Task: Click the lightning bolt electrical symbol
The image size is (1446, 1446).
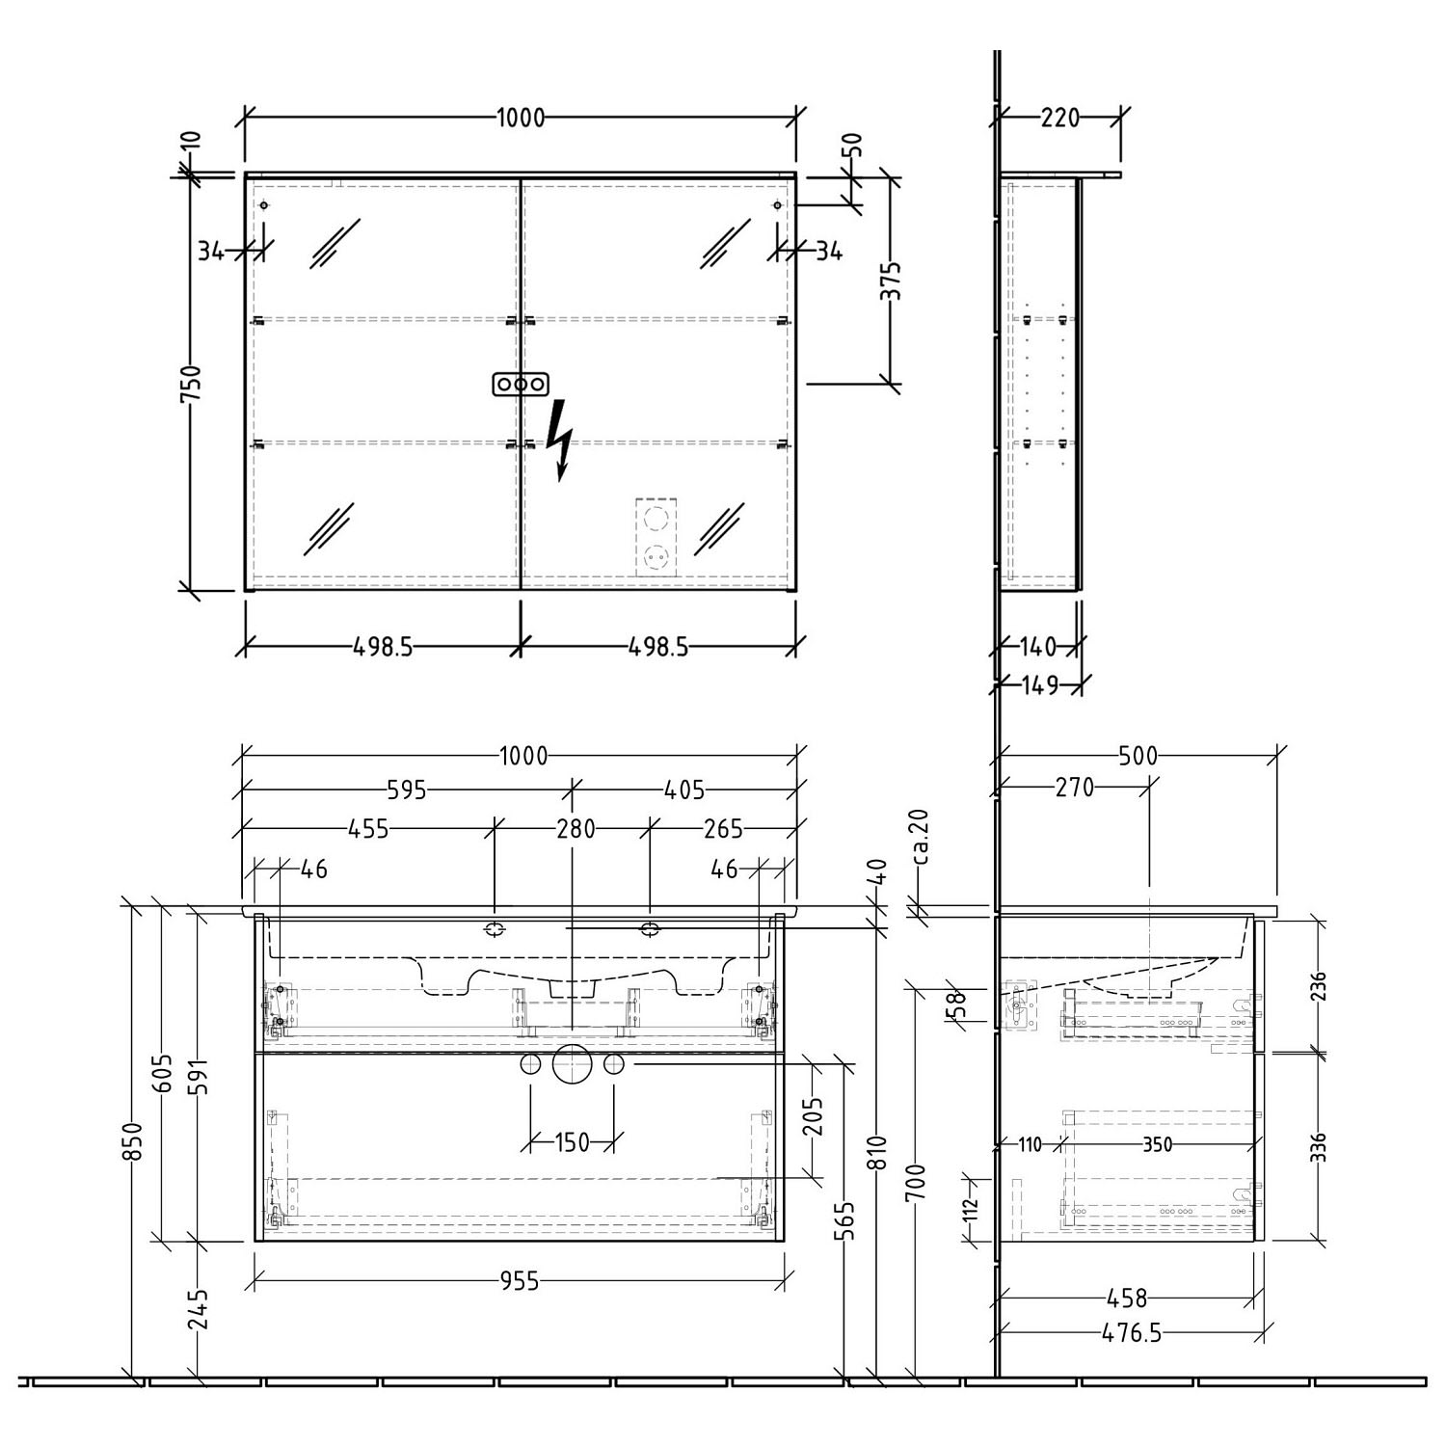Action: coord(559,440)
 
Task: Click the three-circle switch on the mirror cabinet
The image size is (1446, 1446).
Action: coord(521,384)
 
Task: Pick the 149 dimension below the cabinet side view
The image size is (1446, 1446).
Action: coord(1039,684)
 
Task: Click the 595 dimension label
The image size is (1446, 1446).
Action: coord(407,790)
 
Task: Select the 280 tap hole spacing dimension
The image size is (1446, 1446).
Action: coord(576,828)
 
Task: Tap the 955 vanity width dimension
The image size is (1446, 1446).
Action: coord(520,1281)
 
